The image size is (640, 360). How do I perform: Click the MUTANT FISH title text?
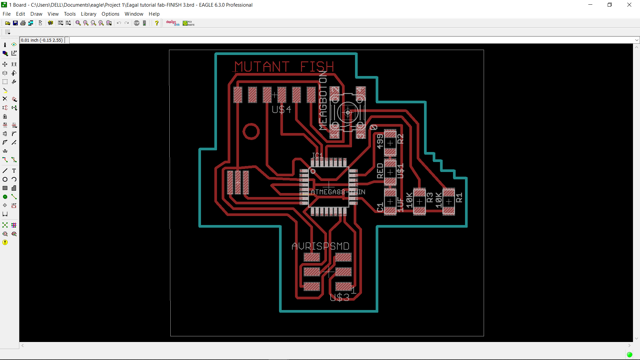pos(284,67)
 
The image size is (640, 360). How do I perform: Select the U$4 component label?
pos(281,109)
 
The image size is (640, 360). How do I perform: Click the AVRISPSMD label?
pos(320,246)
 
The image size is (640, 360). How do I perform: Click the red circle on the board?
pos(251,132)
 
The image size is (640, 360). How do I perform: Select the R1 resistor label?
pos(459,198)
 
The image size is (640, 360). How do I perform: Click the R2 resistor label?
pos(400,139)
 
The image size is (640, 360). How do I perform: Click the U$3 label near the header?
pos(339,297)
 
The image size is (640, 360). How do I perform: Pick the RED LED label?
pos(380,171)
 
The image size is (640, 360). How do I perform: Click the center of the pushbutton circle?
pos(348,113)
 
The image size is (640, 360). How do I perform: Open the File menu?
pos(7,14)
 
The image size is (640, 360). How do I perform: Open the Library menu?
pos(88,14)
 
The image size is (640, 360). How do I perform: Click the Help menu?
pos(154,14)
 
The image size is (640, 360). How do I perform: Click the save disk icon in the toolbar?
pos(15,23)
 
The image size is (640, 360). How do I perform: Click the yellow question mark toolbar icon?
pos(157,23)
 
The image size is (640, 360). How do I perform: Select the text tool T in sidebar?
pos(14,171)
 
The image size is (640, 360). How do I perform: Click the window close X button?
pos(629,5)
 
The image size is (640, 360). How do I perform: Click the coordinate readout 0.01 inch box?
pos(42,40)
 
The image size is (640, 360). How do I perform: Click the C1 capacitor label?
pos(380,207)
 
